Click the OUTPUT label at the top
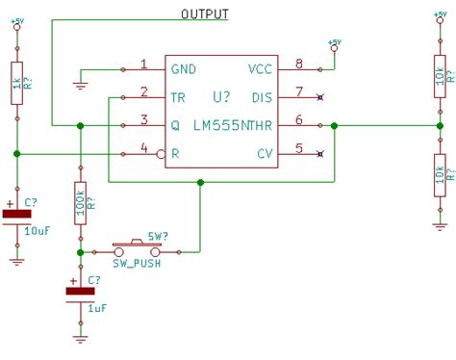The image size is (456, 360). pos(205,13)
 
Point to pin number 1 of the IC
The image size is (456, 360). pos(143,65)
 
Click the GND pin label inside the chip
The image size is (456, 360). pos(184,69)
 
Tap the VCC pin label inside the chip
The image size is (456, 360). pos(260,69)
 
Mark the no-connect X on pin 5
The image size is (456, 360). pos(320,153)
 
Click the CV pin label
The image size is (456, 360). pos(265,153)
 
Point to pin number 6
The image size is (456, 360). pos(299,120)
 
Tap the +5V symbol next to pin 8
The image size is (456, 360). pos(334,45)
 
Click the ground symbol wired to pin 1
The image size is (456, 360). pos(80,85)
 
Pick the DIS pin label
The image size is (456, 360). pos(261,96)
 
